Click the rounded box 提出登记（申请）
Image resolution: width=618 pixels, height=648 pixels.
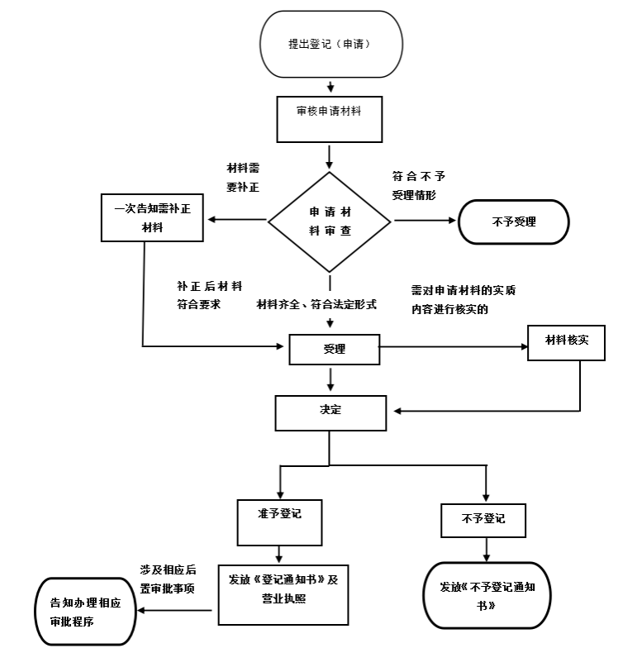point(330,44)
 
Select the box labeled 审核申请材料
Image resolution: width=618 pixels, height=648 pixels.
point(329,119)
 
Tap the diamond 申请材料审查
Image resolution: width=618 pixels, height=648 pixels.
point(329,222)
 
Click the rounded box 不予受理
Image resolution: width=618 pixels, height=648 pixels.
point(514,222)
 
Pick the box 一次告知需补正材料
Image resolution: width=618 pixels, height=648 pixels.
point(152,217)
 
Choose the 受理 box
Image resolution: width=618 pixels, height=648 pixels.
point(334,349)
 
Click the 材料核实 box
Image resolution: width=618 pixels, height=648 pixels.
point(566,342)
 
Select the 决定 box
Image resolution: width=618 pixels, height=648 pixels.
point(330,413)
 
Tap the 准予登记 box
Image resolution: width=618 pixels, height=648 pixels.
point(279,522)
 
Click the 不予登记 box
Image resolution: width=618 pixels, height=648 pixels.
point(483,521)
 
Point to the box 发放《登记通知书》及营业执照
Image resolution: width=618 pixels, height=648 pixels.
point(283,595)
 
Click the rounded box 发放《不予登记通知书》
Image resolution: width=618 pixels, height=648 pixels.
point(487,595)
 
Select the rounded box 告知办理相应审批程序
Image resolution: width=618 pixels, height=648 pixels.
point(85,612)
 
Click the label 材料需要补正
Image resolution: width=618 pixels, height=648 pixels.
point(243,178)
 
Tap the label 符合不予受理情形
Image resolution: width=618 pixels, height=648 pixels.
point(418,185)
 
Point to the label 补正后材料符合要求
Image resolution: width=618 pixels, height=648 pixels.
point(210,295)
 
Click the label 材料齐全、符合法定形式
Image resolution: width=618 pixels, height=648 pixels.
point(316,304)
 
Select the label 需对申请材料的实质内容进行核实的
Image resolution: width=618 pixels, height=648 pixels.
point(463,299)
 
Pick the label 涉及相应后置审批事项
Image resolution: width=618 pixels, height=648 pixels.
point(168,579)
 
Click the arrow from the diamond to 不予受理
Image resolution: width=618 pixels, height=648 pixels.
point(425,220)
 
